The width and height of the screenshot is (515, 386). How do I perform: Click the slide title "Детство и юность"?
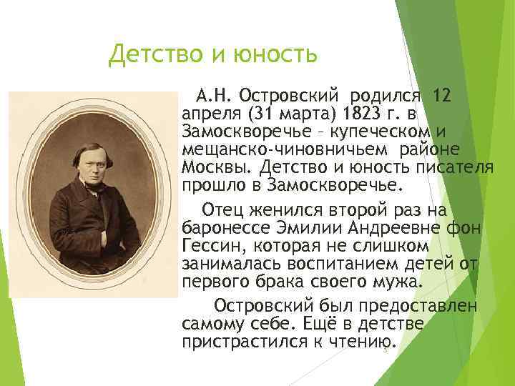click(212, 54)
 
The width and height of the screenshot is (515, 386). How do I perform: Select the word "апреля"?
click(210, 113)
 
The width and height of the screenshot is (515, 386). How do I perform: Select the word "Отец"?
click(226, 209)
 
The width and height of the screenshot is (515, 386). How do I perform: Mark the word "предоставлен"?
click(404, 305)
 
